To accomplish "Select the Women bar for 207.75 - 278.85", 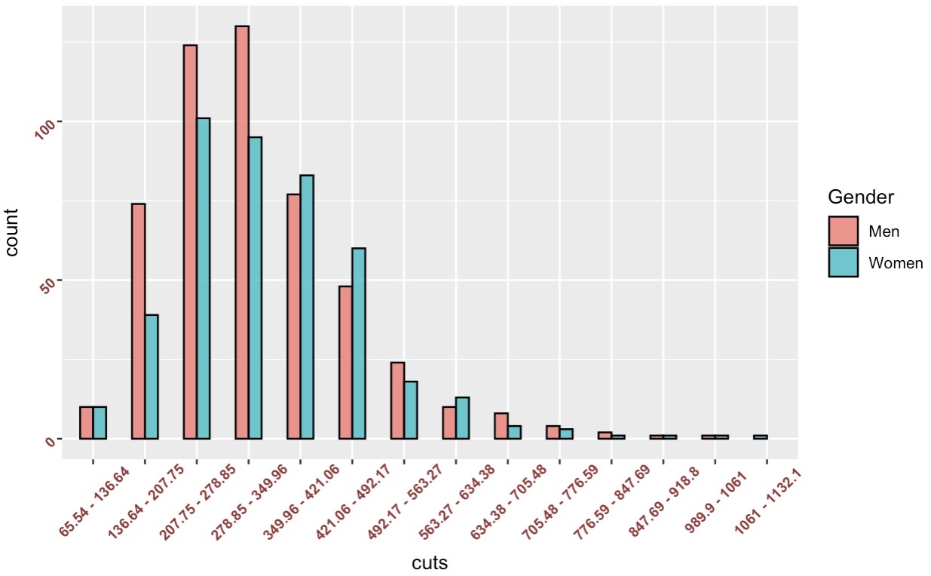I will click(203, 278).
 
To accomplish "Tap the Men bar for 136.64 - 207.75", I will click(138, 321).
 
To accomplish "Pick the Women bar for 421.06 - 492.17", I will click(359, 343).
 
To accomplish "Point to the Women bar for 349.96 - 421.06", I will click(307, 307).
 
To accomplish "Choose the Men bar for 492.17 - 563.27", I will click(397, 400).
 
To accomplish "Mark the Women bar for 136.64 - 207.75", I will click(152, 376).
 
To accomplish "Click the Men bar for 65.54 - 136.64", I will click(86, 423).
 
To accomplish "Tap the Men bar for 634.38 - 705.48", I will click(501, 426).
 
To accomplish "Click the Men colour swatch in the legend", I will click(844, 231).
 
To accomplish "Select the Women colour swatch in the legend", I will click(844, 262).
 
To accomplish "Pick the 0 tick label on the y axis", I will click(51, 441).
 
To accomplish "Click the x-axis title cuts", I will click(430, 562).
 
